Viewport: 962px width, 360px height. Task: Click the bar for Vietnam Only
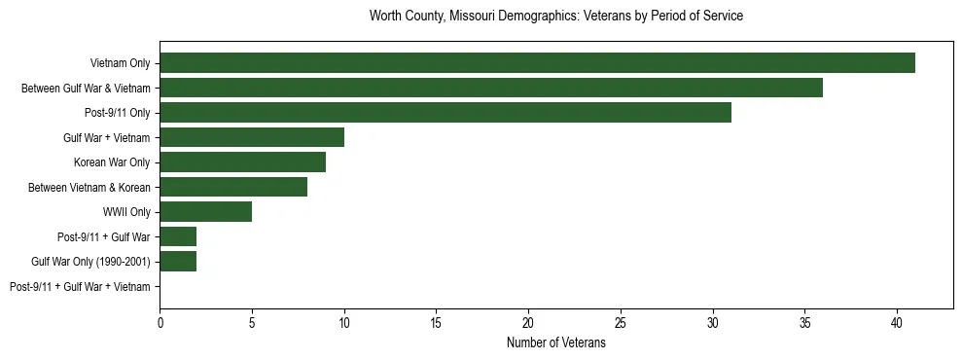[x=537, y=63]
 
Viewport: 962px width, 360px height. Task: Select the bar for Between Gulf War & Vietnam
[x=491, y=88]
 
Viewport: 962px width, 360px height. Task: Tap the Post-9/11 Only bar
[x=445, y=113]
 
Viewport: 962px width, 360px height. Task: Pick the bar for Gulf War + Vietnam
[x=252, y=137]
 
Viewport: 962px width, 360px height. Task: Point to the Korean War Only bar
[x=243, y=162]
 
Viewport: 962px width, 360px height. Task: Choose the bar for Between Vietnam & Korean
[x=233, y=187]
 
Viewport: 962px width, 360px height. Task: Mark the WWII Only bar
[x=206, y=211]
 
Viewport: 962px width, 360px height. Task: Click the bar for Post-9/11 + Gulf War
[x=178, y=236]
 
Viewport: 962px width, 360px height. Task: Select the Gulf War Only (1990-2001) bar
[x=178, y=261]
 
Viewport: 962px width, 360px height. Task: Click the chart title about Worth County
[x=555, y=17]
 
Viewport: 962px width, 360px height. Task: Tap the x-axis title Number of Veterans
[x=555, y=342]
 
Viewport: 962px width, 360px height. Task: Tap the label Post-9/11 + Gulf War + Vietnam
[x=80, y=287]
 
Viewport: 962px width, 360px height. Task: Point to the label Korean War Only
[x=112, y=162]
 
